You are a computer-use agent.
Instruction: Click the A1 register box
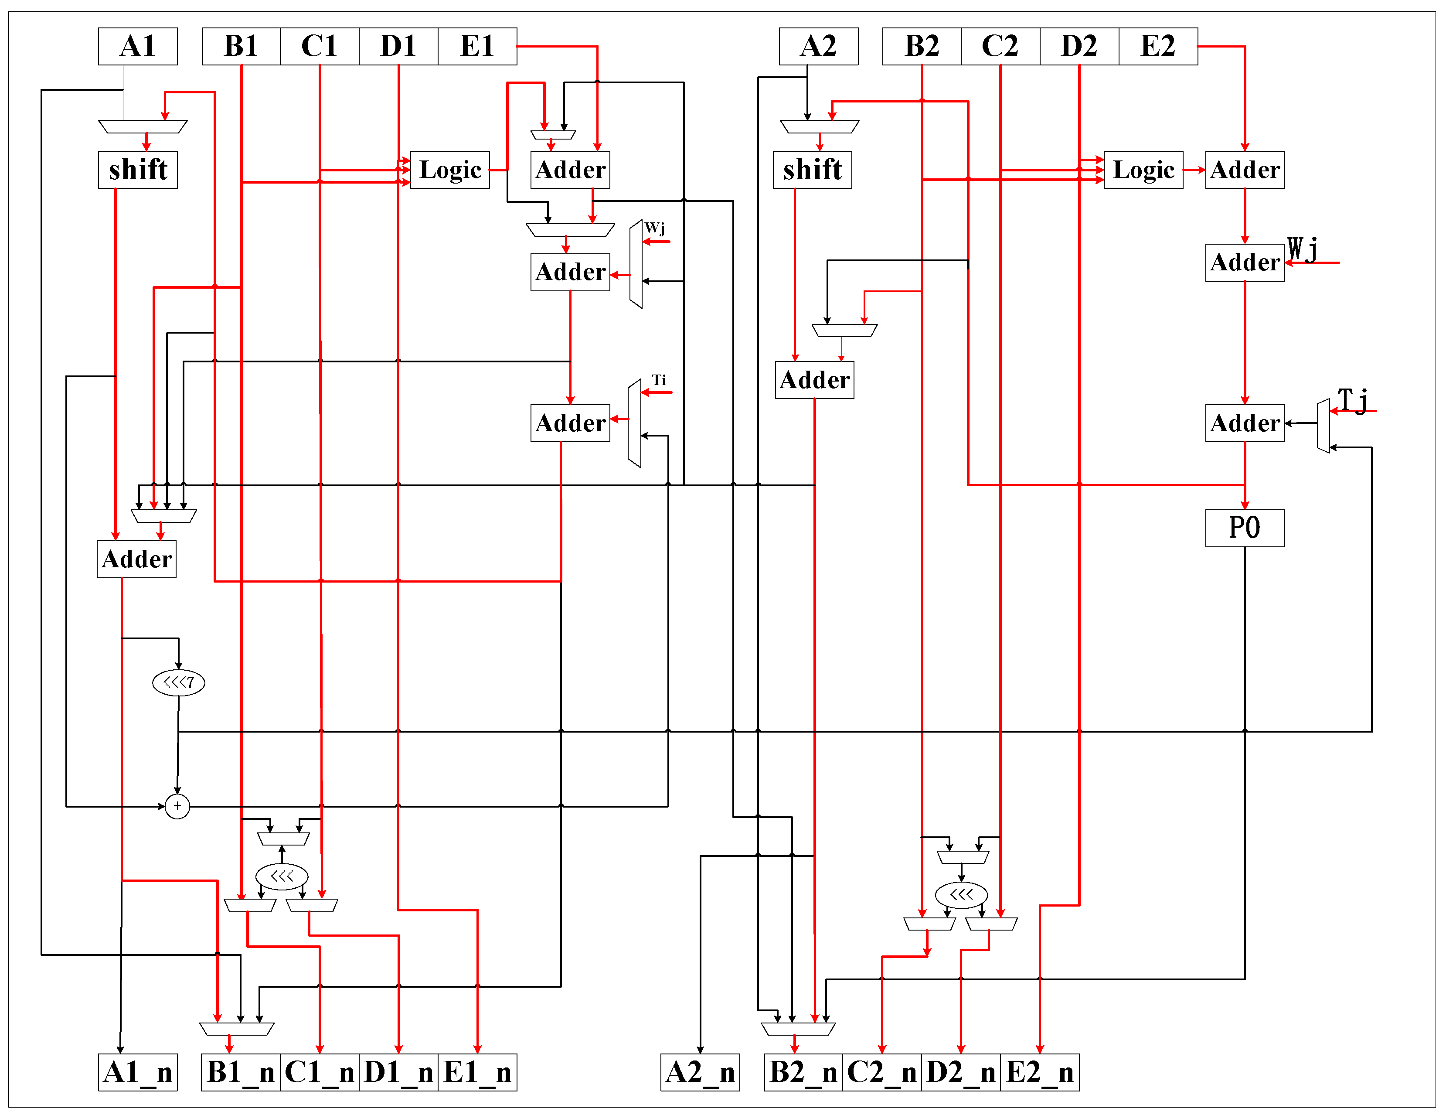pos(138,46)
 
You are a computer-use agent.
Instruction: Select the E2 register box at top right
pos(1157,46)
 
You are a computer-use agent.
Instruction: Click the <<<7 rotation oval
pos(179,682)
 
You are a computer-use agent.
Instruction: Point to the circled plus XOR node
pos(177,806)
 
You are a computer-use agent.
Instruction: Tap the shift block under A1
pos(138,170)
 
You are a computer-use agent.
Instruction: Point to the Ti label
pos(659,380)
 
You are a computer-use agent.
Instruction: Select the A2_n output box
pos(700,1072)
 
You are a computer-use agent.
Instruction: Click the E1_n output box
pos(477,1072)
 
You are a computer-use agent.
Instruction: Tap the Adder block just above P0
pos(1244,423)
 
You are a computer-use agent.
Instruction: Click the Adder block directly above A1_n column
pos(136,559)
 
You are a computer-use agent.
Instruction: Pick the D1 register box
pos(398,46)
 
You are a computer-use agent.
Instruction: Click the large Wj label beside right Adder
pos(1302,249)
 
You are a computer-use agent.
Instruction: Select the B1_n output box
pos(240,1072)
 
